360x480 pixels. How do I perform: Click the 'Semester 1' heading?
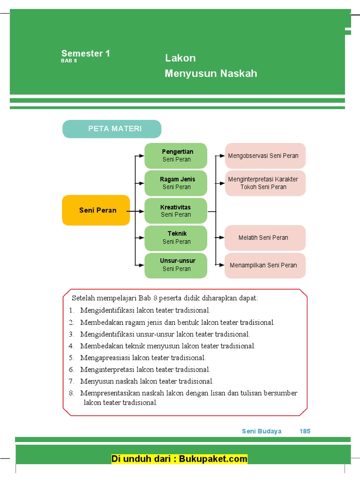[86, 53]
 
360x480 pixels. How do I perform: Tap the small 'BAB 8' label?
[68, 61]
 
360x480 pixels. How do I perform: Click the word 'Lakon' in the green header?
[180, 58]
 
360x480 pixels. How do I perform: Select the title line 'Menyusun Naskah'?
[211, 74]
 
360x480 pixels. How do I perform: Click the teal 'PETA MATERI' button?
[112, 129]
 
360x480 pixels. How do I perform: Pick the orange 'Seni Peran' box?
[96, 210]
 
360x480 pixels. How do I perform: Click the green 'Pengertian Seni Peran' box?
[176, 156]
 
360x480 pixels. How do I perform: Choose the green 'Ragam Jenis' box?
[176, 183]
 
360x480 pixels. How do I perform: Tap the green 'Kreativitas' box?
[176, 210]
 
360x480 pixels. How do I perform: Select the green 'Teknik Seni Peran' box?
[176, 238]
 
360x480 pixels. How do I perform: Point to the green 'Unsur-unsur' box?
[176, 265]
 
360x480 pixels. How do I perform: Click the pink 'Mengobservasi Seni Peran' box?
[265, 156]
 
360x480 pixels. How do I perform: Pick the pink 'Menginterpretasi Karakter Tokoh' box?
[265, 183]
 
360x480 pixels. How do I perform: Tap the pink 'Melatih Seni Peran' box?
[265, 238]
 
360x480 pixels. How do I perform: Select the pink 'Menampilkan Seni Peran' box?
[265, 265]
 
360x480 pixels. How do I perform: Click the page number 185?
[305, 431]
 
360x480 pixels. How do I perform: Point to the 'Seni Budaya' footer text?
[262, 431]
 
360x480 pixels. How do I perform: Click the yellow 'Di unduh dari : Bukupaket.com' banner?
[180, 459]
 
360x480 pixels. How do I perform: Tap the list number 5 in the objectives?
[71, 358]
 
